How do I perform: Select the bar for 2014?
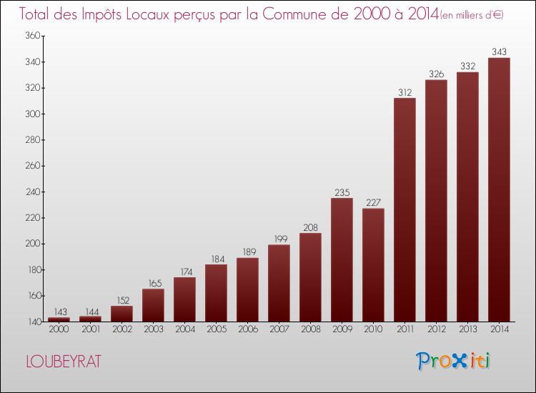point(499,189)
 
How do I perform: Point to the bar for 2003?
point(153,305)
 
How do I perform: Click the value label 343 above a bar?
point(499,51)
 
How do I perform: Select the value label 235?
point(342,192)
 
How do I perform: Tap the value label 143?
point(59,312)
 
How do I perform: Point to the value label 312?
point(405,92)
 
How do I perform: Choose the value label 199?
point(279,239)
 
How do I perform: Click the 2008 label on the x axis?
point(310,329)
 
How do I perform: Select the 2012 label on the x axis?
point(436,329)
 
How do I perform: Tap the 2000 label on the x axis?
point(59,329)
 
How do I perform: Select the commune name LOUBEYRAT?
point(63,362)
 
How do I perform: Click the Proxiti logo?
point(454,361)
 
